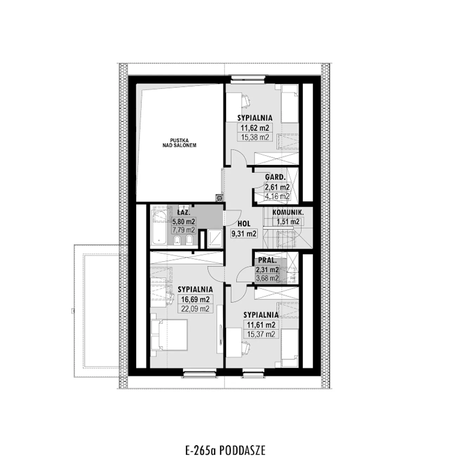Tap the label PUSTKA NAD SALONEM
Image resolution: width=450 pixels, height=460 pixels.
179,143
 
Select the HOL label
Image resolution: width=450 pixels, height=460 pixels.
244,223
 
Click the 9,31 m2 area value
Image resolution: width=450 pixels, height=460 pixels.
244,234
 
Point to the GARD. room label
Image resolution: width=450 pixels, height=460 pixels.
275,177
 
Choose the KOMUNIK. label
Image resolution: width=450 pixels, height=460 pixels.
288,213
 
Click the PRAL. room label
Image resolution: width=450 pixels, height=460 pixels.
268,260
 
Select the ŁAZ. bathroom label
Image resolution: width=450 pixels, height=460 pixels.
184,212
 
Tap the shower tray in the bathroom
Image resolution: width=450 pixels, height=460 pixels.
215,239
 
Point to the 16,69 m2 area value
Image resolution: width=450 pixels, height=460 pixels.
195,299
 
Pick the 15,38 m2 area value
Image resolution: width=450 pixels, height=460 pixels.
255,137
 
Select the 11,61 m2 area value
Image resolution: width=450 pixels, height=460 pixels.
261,325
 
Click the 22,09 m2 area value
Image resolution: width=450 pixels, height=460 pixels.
195,309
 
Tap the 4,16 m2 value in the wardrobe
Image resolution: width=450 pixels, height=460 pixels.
277,196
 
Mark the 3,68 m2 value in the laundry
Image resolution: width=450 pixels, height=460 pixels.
267,278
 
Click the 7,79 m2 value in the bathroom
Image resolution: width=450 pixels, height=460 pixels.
184,230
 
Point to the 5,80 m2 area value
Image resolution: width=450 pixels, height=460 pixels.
184,221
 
